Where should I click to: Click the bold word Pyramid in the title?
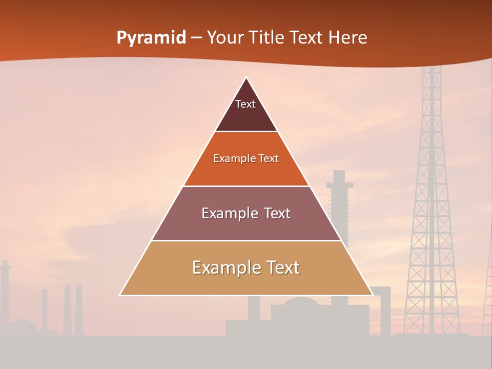point(151,38)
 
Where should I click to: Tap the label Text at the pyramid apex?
point(245,104)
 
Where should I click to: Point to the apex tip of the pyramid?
point(247,78)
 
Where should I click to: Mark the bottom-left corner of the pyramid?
point(120,295)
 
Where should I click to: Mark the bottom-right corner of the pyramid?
point(372,295)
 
